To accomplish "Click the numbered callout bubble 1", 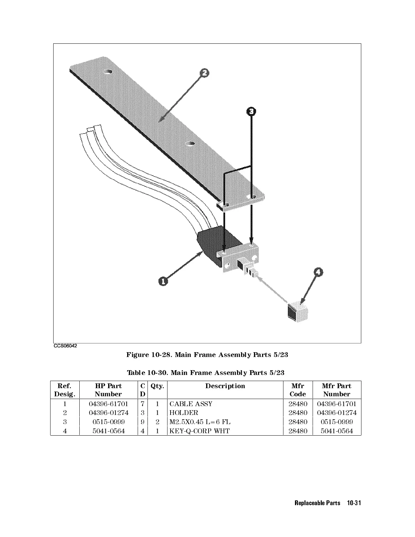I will (163, 281).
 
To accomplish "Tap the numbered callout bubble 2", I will (204, 73).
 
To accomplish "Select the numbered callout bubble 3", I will (251, 111).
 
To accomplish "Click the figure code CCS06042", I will (65, 346).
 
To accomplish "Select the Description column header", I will (225, 386).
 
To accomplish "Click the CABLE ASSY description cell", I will (191, 404).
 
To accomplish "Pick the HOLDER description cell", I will (184, 413).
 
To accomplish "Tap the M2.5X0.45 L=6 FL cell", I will (200, 422).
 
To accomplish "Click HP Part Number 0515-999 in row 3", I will (108, 422).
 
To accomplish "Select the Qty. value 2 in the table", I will (157, 422).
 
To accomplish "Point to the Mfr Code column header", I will (298, 390).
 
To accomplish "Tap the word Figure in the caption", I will (137, 355).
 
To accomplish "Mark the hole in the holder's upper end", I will (108, 72).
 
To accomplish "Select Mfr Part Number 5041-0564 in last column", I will (337, 431).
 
